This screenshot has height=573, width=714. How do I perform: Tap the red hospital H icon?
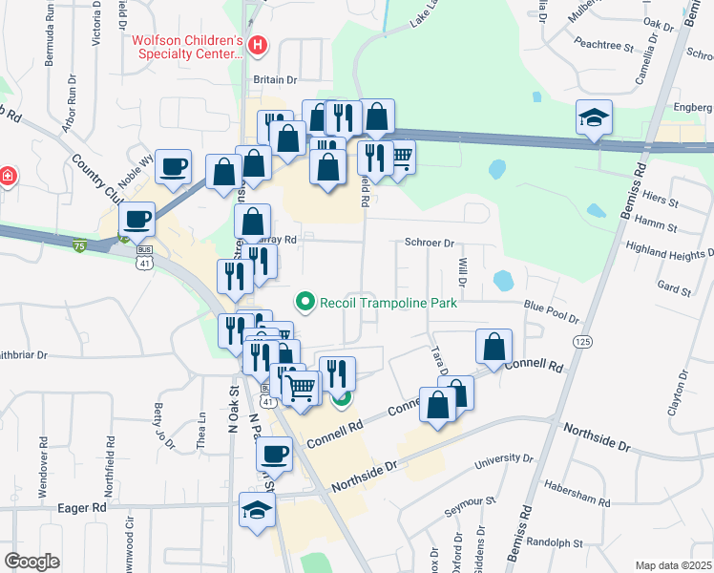coord(257,45)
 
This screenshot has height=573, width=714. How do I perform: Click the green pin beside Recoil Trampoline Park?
coord(305,303)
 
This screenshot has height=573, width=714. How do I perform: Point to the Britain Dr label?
coord(277,80)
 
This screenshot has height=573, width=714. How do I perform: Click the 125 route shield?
coord(581,341)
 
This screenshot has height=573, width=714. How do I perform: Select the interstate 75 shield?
coord(78,245)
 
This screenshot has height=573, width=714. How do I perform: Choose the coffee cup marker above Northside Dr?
coord(275,454)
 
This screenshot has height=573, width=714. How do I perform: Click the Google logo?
coord(32,562)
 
